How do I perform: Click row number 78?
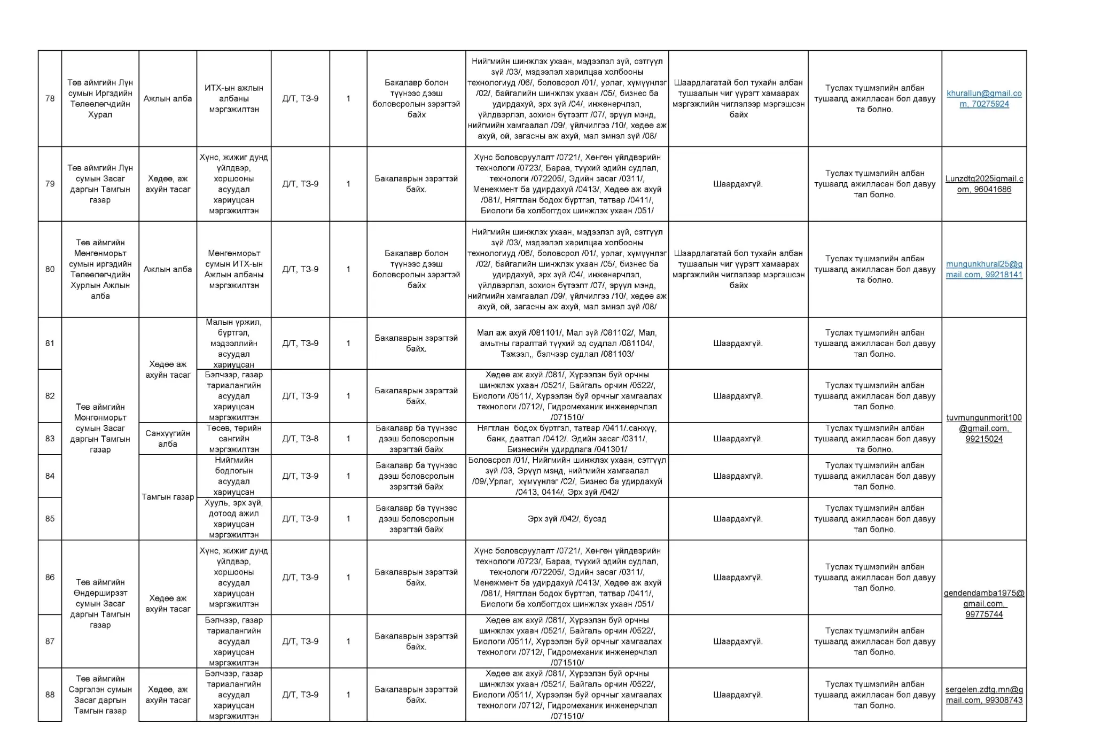(x=50, y=98)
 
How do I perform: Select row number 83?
(x=50, y=439)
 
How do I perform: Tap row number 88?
(x=50, y=695)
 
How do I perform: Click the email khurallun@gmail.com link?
(x=984, y=99)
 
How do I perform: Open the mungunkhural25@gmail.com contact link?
(x=984, y=269)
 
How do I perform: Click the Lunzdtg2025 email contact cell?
(x=984, y=184)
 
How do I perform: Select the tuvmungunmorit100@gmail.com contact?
(x=984, y=429)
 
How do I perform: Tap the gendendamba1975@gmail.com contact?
(x=984, y=604)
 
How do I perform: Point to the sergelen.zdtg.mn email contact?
(x=984, y=695)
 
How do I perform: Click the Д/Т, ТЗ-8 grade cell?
(x=300, y=439)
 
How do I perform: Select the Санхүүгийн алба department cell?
(x=168, y=439)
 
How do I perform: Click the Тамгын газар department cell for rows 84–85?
(x=168, y=497)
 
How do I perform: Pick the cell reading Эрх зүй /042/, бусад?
(x=566, y=519)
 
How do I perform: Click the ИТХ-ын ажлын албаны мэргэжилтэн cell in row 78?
(x=233, y=99)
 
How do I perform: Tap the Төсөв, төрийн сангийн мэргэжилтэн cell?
(x=233, y=439)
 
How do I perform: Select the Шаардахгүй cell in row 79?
(x=738, y=184)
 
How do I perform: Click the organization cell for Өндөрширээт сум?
(x=100, y=604)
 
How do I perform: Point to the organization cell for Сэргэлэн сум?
(x=100, y=695)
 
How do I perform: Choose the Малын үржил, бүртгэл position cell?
(x=233, y=344)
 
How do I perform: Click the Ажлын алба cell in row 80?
(x=168, y=269)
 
